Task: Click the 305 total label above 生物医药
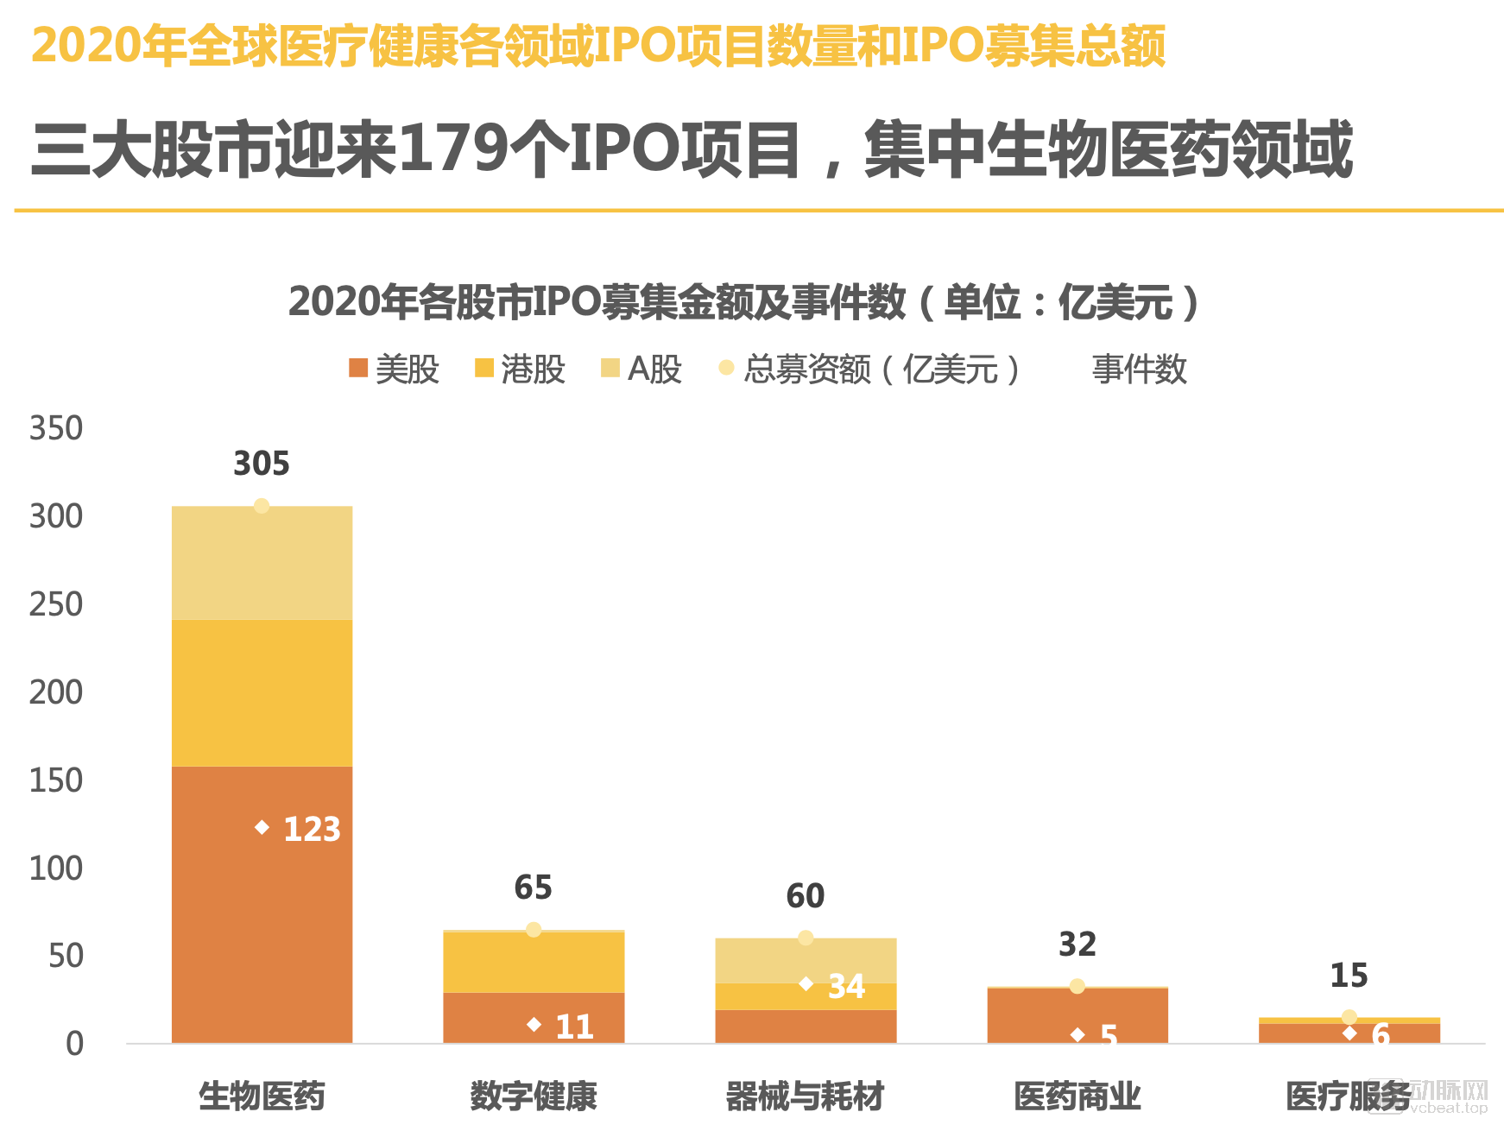(x=262, y=464)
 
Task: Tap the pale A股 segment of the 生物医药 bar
(x=262, y=563)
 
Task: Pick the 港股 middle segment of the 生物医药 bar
(x=262, y=692)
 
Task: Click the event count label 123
(x=312, y=829)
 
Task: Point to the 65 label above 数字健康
(x=533, y=888)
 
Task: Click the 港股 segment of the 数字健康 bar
(x=534, y=963)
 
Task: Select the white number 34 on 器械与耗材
(x=846, y=986)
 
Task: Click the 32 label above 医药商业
(x=1077, y=945)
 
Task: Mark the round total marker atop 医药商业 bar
(x=1077, y=986)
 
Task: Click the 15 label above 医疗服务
(x=1349, y=976)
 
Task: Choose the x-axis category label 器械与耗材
(x=805, y=1096)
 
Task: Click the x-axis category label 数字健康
(x=534, y=1096)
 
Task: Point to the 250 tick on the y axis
(x=56, y=604)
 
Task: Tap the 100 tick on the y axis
(x=56, y=869)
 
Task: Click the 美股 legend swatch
(x=358, y=369)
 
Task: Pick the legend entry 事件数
(x=1139, y=370)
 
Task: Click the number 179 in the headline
(x=454, y=148)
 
